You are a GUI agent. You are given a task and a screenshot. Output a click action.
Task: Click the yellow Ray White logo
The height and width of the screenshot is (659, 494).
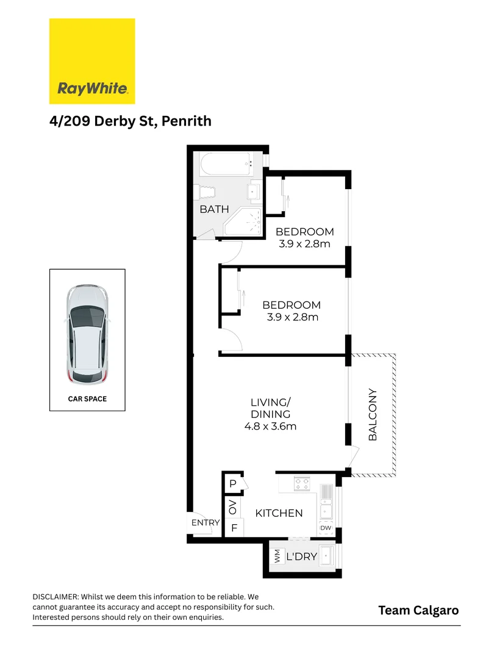tap(92, 61)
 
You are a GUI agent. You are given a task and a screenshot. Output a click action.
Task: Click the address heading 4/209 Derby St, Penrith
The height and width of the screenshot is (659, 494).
tap(131, 121)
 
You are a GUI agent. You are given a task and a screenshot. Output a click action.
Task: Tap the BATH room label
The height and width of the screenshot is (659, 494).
tap(214, 209)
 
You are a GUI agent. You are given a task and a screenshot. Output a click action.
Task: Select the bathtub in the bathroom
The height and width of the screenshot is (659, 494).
tap(226, 164)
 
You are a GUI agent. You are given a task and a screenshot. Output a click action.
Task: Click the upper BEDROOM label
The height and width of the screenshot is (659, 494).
tap(304, 232)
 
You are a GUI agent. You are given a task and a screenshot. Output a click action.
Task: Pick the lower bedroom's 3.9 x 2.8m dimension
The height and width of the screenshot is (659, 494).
tap(292, 317)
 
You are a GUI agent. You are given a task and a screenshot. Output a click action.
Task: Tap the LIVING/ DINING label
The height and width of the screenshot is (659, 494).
tap(270, 408)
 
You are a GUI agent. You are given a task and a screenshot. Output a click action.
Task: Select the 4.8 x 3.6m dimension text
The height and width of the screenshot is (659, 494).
tap(270, 427)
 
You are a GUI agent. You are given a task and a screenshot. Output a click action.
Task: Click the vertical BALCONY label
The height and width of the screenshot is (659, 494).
tap(373, 415)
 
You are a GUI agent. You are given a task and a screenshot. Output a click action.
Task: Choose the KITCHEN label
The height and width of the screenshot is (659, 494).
tap(279, 513)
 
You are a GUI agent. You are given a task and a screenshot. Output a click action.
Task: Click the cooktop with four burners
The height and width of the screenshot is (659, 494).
tap(302, 484)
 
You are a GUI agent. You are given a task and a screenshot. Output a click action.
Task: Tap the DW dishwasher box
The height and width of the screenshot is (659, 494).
tap(325, 528)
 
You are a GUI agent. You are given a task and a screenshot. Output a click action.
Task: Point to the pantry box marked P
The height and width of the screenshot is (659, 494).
tap(233, 484)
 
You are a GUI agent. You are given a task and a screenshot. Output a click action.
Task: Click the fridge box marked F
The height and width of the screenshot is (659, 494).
tap(234, 528)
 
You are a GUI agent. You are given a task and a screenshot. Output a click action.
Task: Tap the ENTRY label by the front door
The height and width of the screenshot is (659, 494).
tap(205, 522)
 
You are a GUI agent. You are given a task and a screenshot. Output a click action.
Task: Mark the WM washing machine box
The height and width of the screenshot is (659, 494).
tap(277, 556)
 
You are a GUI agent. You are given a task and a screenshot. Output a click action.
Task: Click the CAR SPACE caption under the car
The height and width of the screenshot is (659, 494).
tap(87, 399)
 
